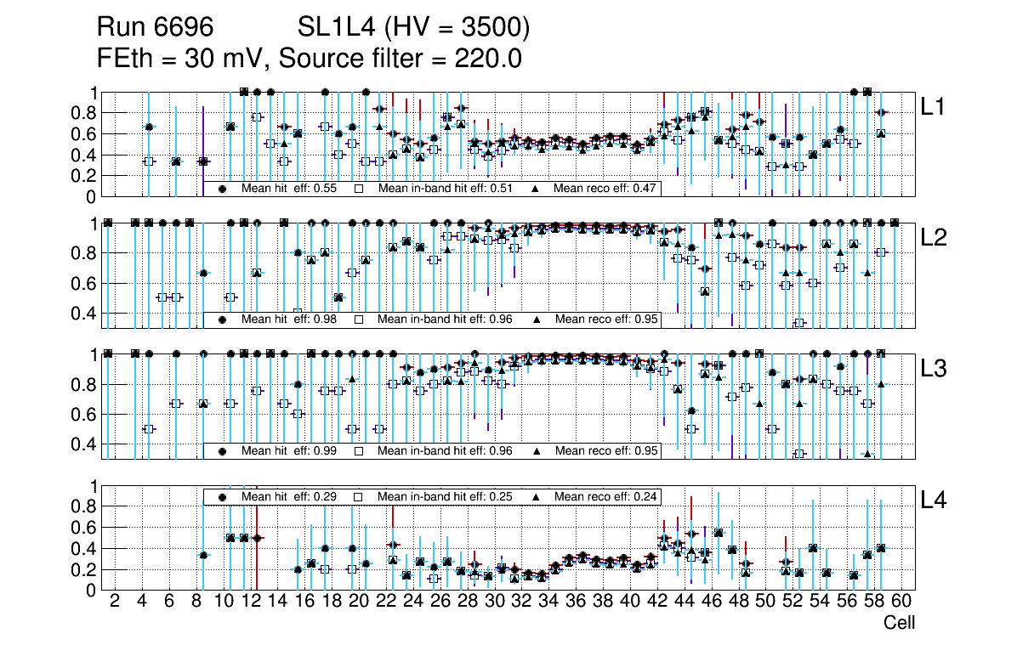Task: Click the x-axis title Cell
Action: (899, 623)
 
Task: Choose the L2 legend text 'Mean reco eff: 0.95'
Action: (606, 320)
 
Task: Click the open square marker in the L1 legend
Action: (358, 189)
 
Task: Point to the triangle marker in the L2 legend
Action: (537, 320)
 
